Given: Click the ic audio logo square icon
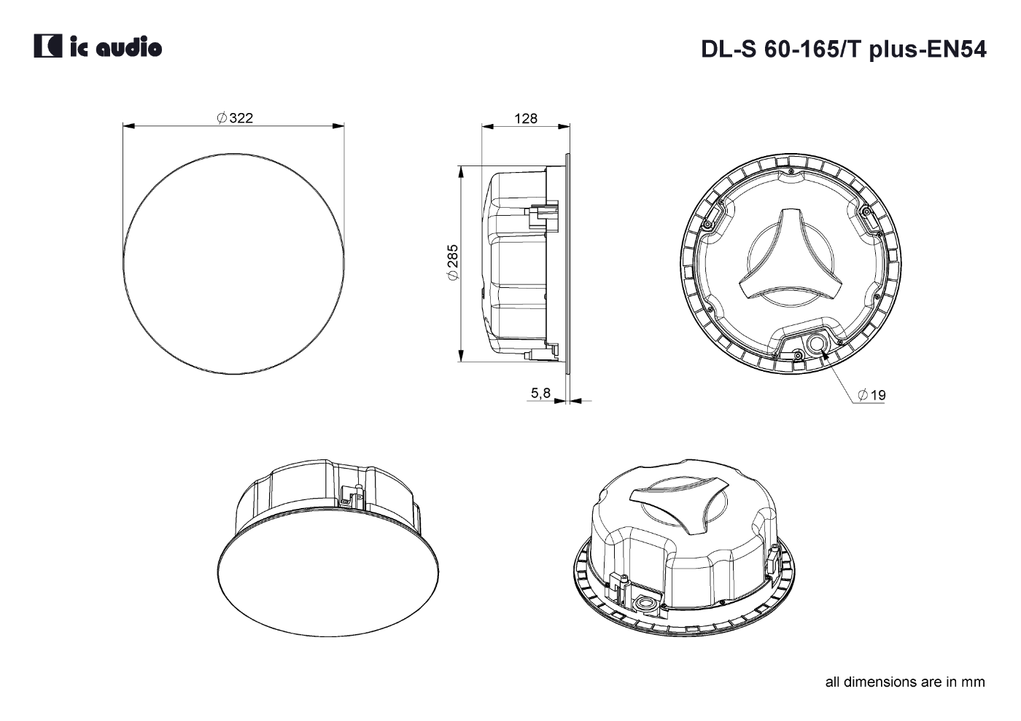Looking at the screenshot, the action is [x=48, y=46].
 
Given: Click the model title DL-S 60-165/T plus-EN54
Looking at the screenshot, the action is [x=844, y=50].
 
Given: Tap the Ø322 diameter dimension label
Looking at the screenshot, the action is [x=235, y=118].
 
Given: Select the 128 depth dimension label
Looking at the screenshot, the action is [x=526, y=119].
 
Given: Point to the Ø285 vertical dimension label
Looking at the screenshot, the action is [x=453, y=262].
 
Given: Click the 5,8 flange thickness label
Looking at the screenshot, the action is [x=540, y=393].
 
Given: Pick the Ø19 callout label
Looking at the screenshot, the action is [x=871, y=395].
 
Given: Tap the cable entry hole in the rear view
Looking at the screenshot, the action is [x=816, y=343].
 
